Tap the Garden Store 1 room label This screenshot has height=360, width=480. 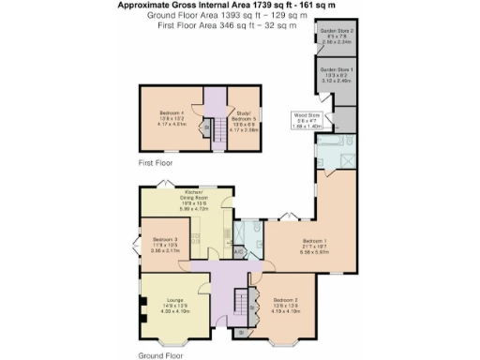335,76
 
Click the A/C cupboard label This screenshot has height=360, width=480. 238,251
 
